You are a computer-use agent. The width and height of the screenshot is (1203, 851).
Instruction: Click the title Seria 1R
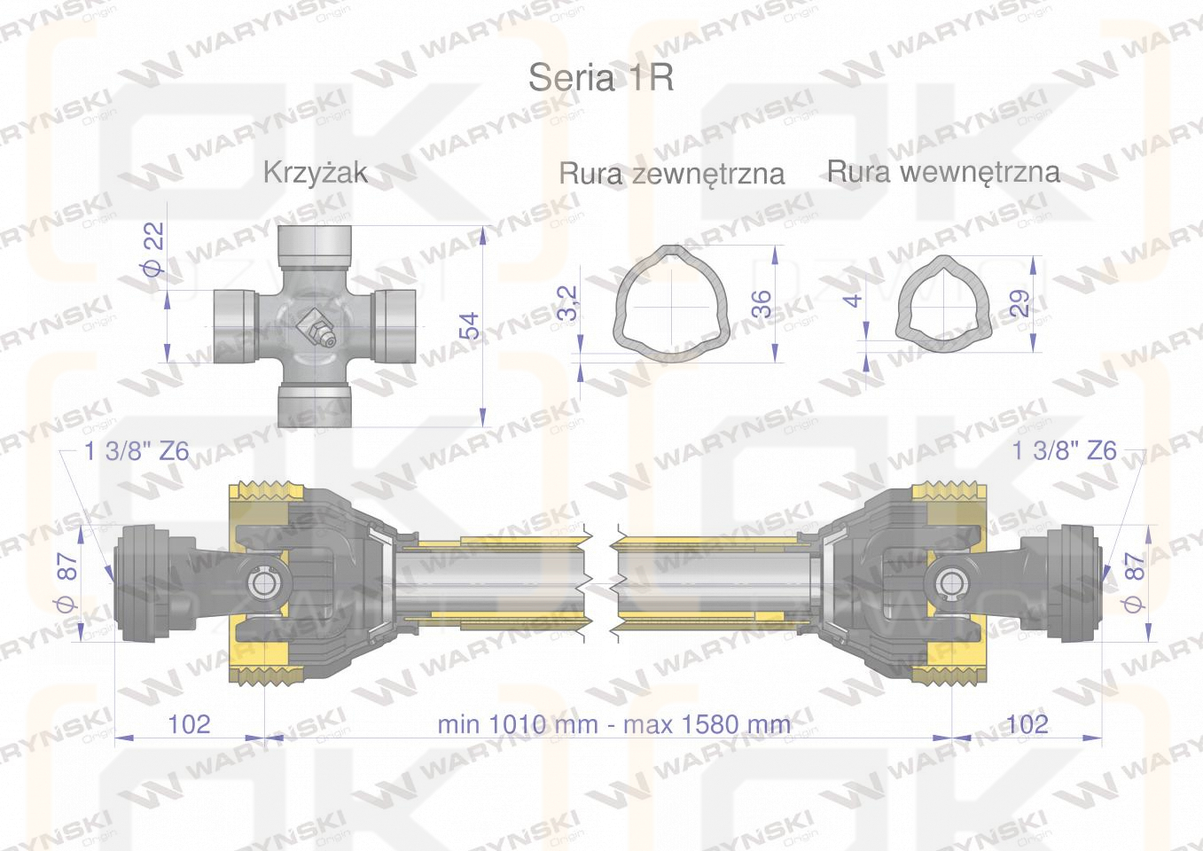coord(600,78)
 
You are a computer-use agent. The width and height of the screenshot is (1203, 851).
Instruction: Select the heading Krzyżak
coord(315,172)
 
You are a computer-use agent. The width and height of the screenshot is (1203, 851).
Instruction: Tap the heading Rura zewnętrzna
coord(671,173)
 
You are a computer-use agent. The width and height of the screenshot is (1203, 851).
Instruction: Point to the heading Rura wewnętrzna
coord(942,171)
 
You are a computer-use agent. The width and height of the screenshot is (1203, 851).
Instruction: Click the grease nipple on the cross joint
coord(316,327)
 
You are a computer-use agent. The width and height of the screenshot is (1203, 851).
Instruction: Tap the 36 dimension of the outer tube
coord(762,303)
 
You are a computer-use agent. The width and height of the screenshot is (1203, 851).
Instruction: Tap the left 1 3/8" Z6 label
coord(137,451)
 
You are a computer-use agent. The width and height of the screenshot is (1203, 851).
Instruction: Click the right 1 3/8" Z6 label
coord(1064,451)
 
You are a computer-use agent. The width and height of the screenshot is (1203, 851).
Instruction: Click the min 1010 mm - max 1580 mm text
coord(613,724)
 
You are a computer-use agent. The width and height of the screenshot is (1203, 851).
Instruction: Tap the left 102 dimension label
coord(189,724)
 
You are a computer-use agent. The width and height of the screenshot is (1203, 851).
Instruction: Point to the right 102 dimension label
coord(1027,724)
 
